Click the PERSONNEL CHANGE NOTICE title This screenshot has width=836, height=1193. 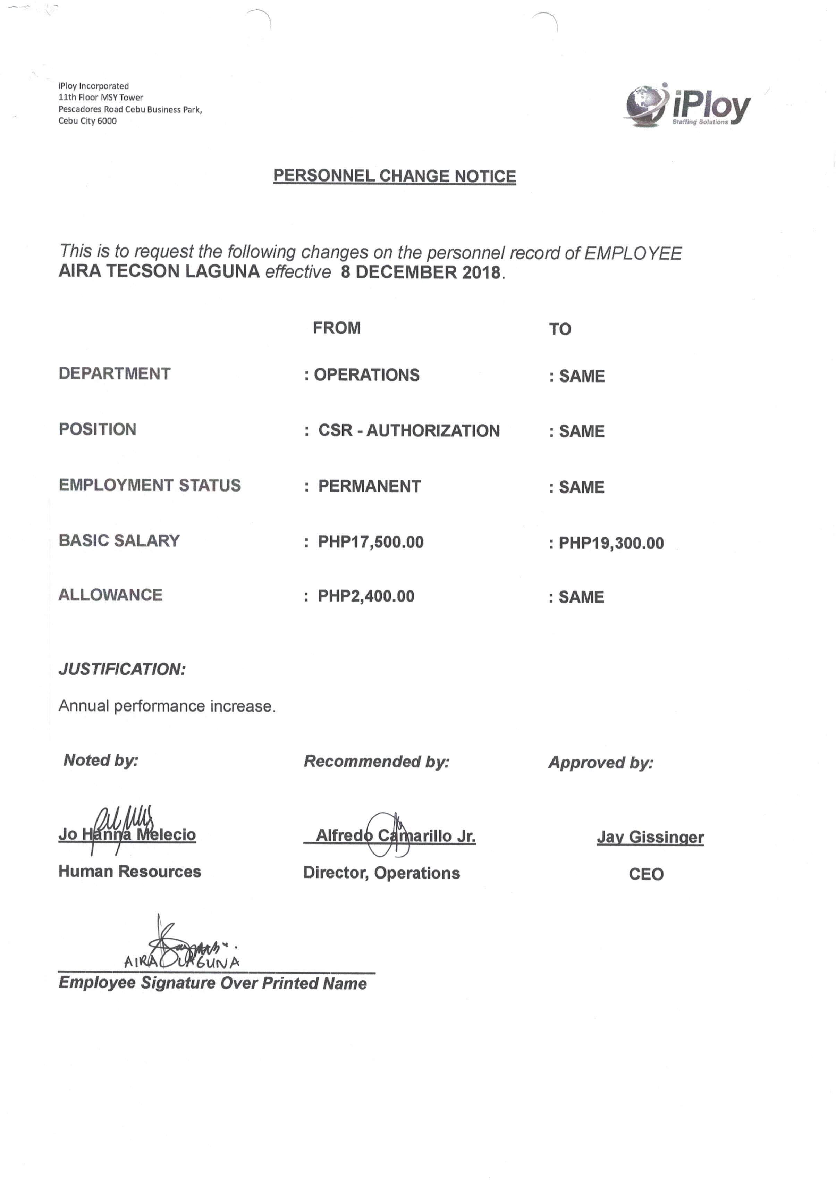394,176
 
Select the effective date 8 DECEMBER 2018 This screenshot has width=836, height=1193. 421,272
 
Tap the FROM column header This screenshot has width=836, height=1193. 336,328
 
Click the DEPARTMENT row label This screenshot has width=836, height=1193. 114,373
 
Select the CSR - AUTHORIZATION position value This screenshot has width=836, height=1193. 409,431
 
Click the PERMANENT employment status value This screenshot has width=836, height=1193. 370,486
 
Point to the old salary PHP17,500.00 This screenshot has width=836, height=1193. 371,542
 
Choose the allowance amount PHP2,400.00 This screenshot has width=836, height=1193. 366,596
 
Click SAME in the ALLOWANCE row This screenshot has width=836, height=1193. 581,597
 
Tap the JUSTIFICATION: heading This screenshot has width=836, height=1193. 121,669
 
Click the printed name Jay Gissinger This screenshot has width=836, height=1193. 650,837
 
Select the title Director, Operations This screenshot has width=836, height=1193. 381,873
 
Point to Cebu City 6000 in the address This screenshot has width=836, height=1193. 87,121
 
